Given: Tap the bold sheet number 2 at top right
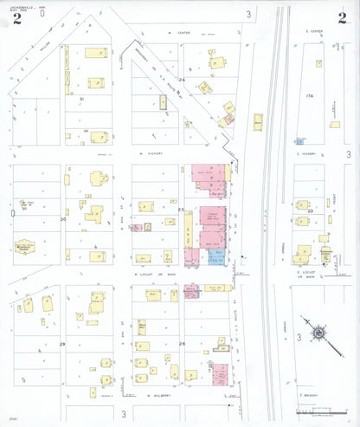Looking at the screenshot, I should pos(342,17).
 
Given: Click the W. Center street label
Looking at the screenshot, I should pos(178,33).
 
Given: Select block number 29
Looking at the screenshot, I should pos(62,344).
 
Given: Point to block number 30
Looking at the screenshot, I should pos(62,219).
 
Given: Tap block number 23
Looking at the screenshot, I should pos(309,210).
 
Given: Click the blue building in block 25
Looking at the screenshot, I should pos(216,257).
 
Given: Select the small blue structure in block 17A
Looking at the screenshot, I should pos(299,139).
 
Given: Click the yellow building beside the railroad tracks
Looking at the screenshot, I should pos(258,121).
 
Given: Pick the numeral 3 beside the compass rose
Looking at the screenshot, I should pos(299,336).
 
